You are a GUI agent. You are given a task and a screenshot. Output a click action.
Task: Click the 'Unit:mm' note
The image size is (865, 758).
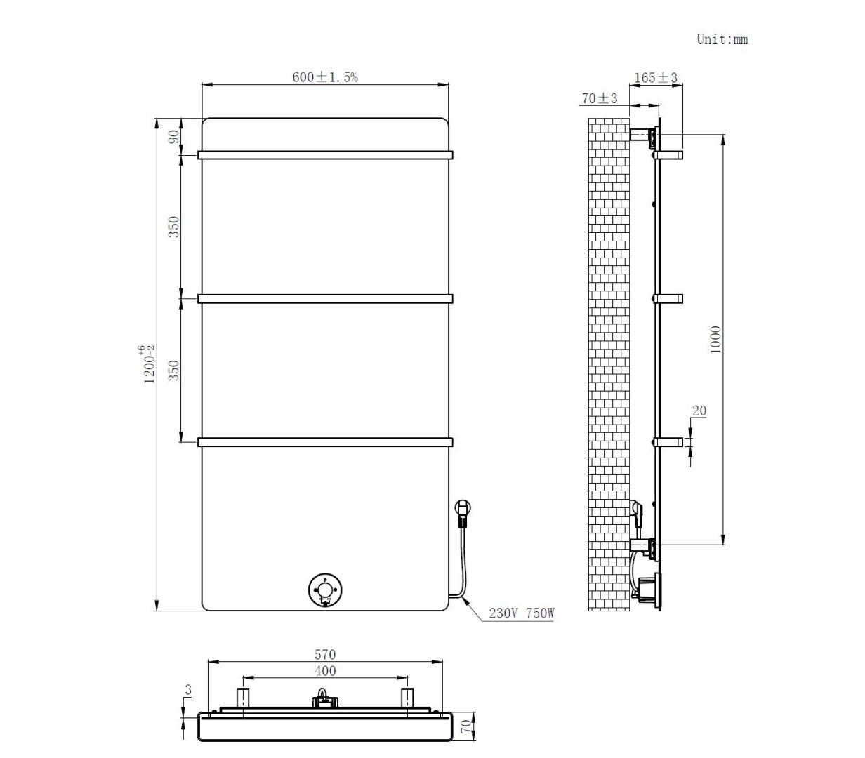722,39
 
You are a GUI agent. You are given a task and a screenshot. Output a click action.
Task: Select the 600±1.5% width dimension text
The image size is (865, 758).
325,77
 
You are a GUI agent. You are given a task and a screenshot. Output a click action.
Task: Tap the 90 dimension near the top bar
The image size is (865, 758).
173,137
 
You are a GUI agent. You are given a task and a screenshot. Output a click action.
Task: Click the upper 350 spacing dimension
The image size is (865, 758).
173,227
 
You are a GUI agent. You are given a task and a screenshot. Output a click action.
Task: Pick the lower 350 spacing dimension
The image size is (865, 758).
173,371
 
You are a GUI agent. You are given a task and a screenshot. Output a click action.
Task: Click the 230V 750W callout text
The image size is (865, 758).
521,613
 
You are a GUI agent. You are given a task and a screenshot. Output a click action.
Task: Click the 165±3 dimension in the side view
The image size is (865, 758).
655,78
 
